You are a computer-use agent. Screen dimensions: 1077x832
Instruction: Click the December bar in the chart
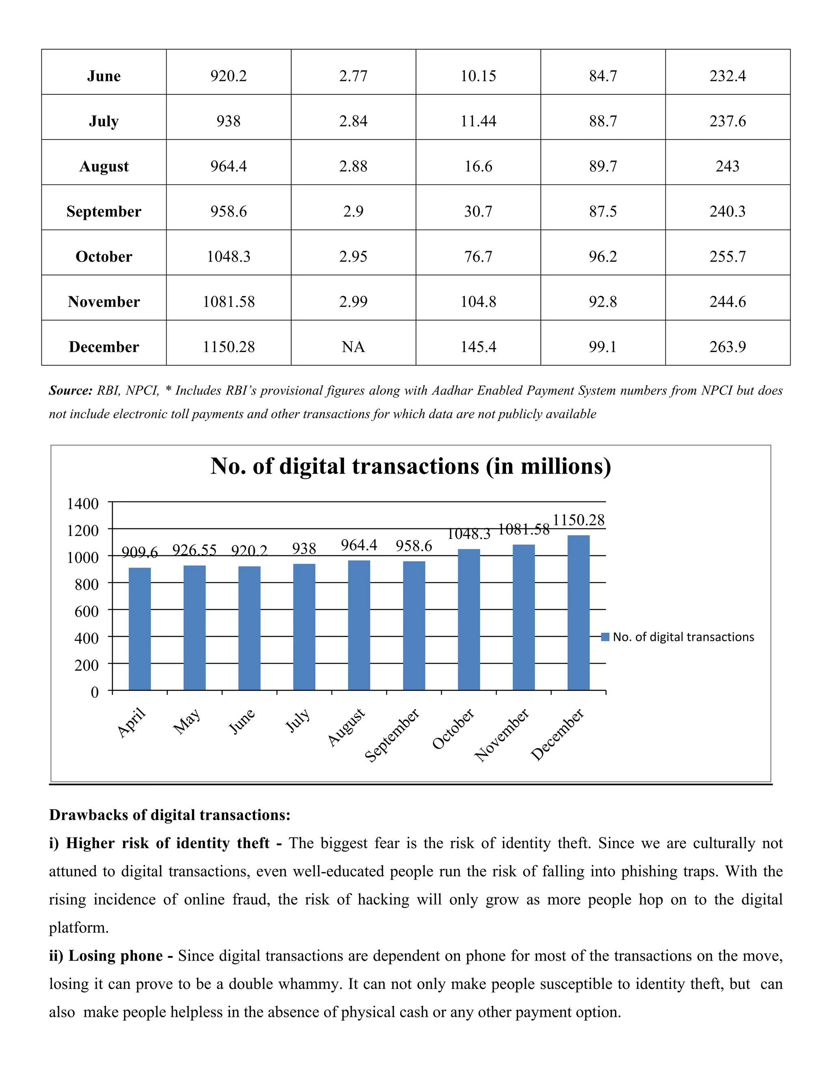tap(578, 612)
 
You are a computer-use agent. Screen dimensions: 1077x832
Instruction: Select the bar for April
tap(139, 629)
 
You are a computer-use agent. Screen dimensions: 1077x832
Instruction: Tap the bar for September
tap(414, 625)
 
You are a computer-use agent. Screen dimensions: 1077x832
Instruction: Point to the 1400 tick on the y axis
tap(83, 504)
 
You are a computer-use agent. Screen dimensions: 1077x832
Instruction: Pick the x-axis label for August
tap(347, 727)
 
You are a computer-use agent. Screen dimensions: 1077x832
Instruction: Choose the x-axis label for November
tap(502, 735)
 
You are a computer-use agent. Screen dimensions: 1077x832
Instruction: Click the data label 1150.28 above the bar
tap(578, 520)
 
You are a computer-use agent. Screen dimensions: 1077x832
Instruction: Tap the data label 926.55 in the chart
tap(194, 550)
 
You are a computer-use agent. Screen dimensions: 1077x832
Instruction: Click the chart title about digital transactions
tap(411, 466)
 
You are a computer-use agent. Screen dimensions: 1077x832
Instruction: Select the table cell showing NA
tap(353, 347)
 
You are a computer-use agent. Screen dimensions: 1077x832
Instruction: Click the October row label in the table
tap(104, 256)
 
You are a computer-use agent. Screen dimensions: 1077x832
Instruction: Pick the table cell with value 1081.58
tap(229, 301)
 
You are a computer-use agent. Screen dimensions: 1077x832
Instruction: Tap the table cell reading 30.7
tap(478, 211)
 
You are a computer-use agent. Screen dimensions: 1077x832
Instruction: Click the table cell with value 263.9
tap(728, 347)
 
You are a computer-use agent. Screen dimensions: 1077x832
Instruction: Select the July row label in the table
tap(104, 121)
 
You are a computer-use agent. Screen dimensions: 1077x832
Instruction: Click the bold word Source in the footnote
tap(70, 391)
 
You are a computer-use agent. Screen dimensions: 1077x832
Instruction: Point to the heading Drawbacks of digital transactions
tap(169, 814)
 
